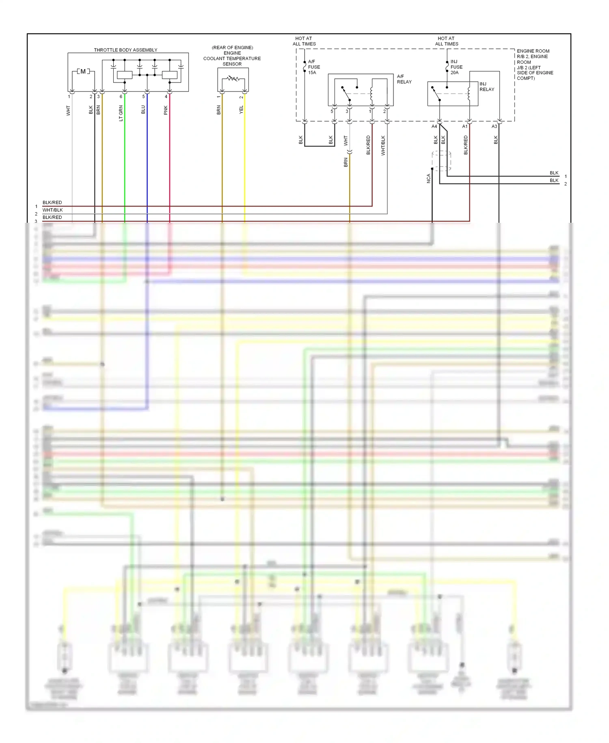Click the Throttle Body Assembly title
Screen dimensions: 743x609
(x=125, y=50)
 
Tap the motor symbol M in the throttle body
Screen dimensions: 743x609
(x=83, y=72)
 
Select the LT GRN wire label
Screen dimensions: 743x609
(x=121, y=113)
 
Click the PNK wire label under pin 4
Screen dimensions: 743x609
(x=166, y=110)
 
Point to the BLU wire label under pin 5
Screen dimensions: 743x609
(x=143, y=110)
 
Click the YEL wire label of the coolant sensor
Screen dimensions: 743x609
(x=241, y=109)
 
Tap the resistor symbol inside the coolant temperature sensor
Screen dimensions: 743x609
(x=233, y=78)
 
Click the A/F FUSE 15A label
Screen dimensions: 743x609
(x=314, y=67)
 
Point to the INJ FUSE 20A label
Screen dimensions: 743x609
(x=456, y=67)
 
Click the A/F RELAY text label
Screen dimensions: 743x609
(x=404, y=79)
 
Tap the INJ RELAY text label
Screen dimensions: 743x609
(x=487, y=87)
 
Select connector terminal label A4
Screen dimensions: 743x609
(x=434, y=126)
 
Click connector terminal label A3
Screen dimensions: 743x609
(x=494, y=126)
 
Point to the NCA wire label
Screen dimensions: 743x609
(x=428, y=178)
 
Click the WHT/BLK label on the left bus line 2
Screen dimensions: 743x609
(x=53, y=210)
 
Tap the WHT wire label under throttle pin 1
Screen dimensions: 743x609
(x=68, y=111)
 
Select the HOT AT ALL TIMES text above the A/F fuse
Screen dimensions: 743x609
(x=304, y=41)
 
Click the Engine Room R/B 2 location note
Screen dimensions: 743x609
(x=535, y=65)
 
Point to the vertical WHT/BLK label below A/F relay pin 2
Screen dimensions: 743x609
(x=383, y=146)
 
